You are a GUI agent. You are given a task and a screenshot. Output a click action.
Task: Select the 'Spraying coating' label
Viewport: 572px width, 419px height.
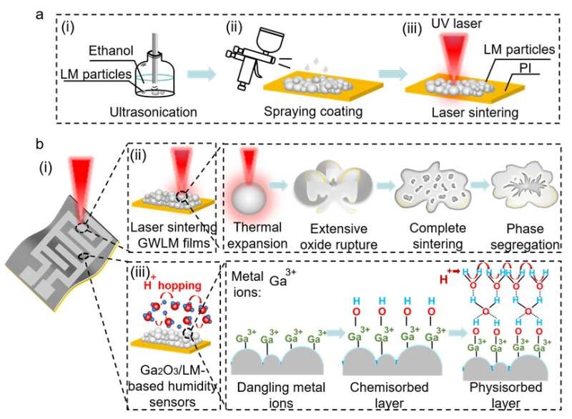click(320, 113)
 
